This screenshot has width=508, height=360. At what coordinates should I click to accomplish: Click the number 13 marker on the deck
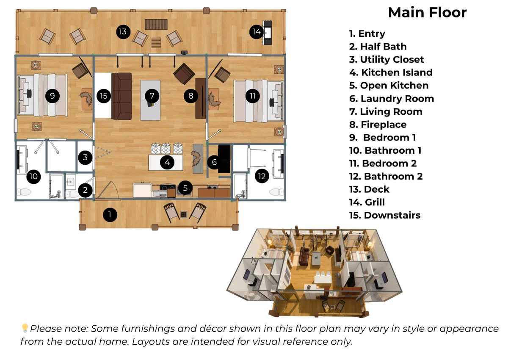click(x=123, y=31)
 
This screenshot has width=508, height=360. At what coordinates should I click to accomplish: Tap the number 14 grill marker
click(x=257, y=31)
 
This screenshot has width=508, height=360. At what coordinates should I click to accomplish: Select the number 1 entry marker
click(x=110, y=215)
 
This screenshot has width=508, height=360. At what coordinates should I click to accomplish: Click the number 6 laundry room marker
click(x=214, y=162)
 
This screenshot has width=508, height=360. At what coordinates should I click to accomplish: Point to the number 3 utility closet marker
click(x=85, y=157)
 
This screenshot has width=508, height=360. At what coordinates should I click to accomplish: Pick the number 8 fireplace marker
click(x=191, y=96)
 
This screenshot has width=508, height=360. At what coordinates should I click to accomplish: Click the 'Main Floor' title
click(x=427, y=12)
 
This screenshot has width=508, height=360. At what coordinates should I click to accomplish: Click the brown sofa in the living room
click(x=121, y=96)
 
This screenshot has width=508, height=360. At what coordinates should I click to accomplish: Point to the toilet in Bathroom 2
click(x=276, y=192)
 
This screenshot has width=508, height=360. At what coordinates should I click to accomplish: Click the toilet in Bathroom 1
click(x=24, y=192)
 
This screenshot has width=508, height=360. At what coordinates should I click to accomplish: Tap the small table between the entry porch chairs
click(x=183, y=214)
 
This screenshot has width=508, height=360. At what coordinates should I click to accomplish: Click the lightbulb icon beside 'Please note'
click(x=25, y=328)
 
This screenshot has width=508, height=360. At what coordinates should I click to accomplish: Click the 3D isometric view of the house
click(x=314, y=272)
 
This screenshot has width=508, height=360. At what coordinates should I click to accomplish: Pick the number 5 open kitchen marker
click(x=185, y=188)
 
